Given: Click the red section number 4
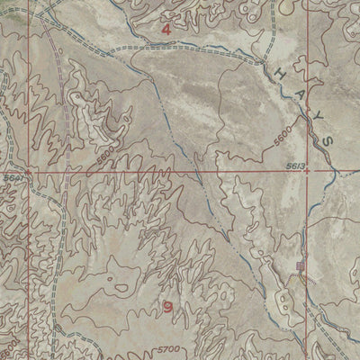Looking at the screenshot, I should coord(166,29).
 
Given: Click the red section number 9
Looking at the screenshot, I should coord(169,307).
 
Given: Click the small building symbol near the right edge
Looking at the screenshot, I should coord(301,265).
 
